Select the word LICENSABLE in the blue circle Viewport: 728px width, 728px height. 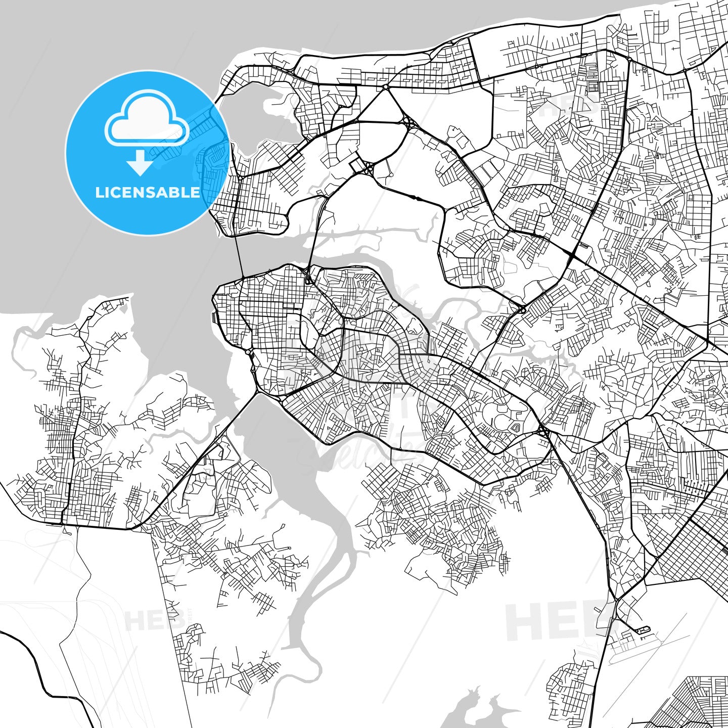[147, 193]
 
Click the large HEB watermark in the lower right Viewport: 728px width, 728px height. [556, 622]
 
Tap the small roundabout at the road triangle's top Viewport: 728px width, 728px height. [385, 87]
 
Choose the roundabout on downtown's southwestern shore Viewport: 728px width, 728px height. [250, 352]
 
